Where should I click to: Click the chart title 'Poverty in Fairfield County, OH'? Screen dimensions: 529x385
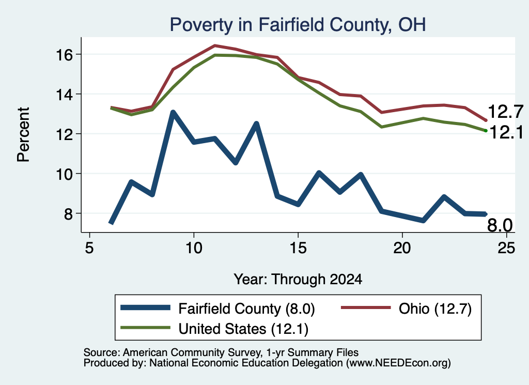[x=298, y=25]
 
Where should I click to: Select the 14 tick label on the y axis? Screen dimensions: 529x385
[x=64, y=95]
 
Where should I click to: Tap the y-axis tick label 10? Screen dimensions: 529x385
[x=64, y=174]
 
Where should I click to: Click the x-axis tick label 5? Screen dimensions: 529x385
[x=89, y=248]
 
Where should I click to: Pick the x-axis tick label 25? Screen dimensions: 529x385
[x=506, y=248]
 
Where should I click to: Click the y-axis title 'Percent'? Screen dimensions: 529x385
[x=24, y=134]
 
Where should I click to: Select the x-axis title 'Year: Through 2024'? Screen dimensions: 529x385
[x=298, y=280]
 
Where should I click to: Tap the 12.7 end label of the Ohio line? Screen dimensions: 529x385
[x=505, y=112]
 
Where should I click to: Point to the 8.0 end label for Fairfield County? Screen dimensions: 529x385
[x=500, y=225]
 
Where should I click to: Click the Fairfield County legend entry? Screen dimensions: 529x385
[x=217, y=309]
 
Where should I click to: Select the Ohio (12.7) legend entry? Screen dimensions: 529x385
[x=406, y=309]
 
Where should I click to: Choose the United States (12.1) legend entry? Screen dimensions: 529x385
[x=214, y=329]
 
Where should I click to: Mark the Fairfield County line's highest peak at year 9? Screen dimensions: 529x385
[x=173, y=112]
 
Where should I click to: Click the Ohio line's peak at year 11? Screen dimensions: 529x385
[x=214, y=45]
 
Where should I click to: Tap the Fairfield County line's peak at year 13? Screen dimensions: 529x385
[x=256, y=124]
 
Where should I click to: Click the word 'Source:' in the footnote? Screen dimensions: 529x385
[x=102, y=352]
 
